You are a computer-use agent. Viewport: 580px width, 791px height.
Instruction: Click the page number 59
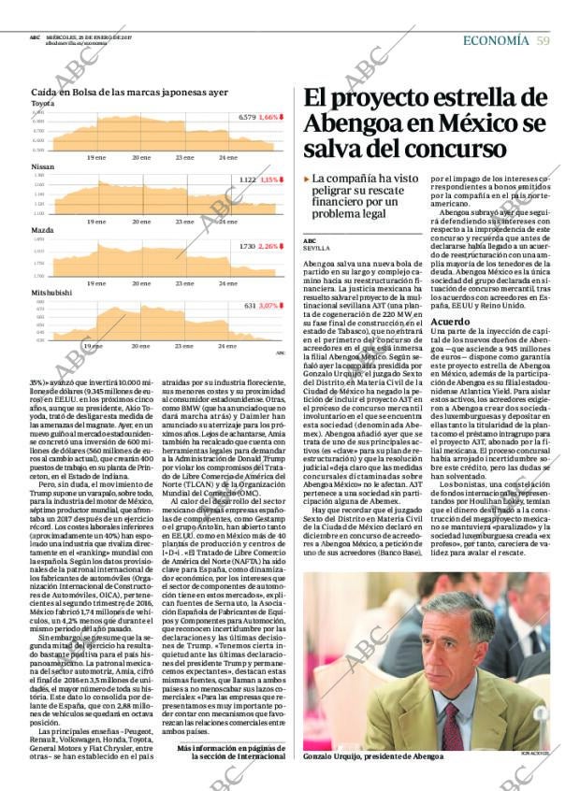click(543, 40)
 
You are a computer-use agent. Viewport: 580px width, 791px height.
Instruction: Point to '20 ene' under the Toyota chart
click(141, 158)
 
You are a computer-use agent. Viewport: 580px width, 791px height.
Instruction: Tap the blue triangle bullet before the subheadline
click(307, 179)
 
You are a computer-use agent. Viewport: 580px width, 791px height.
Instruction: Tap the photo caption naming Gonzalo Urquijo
click(373, 756)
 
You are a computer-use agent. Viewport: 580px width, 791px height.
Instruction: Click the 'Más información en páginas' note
click(232, 750)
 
